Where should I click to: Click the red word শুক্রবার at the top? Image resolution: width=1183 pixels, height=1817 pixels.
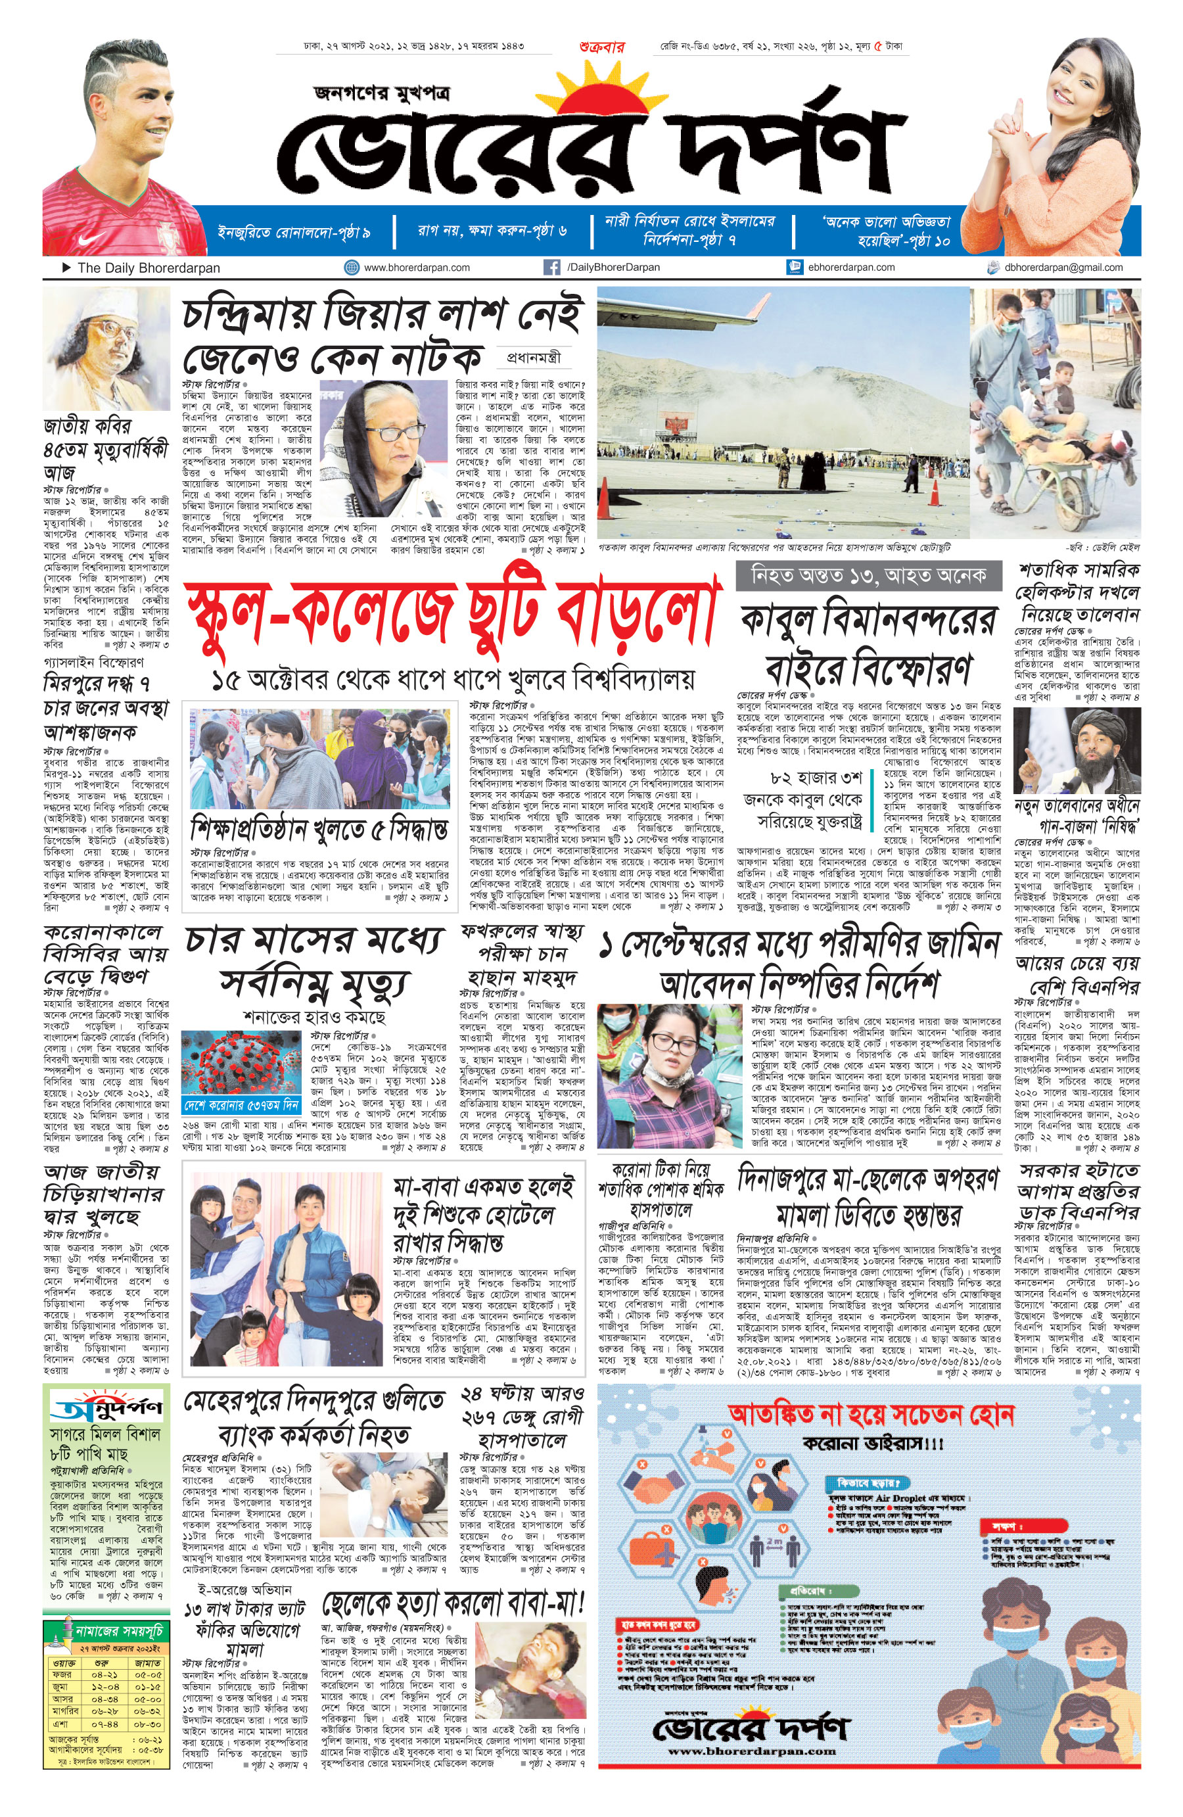(x=601, y=47)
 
